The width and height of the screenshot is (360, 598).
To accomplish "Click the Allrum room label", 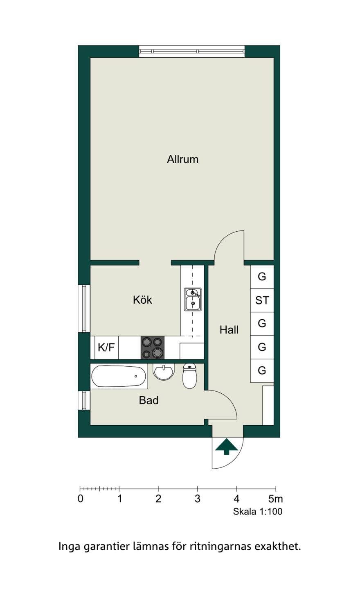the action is (x=182, y=159).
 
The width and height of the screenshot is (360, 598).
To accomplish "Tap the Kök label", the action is (x=142, y=300).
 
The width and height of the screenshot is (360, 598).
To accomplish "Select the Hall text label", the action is (x=229, y=330).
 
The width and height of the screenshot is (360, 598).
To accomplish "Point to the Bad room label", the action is (x=148, y=400).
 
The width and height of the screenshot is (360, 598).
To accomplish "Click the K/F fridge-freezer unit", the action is (x=106, y=348).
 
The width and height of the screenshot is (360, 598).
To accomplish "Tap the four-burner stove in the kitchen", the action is (x=152, y=348).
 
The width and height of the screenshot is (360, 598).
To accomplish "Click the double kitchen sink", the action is (x=193, y=299).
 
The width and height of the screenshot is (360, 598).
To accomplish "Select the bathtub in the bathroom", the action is (x=119, y=376).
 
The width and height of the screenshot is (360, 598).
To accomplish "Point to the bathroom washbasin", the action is (x=163, y=372).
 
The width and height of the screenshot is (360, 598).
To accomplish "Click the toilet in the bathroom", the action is (x=189, y=376).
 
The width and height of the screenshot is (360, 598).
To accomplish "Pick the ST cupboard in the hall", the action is (x=262, y=300).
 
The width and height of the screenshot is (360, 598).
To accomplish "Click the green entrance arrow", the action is (x=226, y=446).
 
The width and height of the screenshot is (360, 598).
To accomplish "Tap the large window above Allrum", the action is (x=192, y=51).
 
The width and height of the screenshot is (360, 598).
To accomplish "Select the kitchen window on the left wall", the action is (x=84, y=309).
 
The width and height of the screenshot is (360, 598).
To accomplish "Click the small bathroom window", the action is (x=84, y=400).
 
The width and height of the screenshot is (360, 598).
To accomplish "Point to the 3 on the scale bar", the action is (x=197, y=499).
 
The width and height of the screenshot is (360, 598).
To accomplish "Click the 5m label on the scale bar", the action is (x=275, y=499).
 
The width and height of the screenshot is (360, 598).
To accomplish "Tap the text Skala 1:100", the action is (x=258, y=511).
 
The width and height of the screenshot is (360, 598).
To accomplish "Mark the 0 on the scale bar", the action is (x=80, y=499).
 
